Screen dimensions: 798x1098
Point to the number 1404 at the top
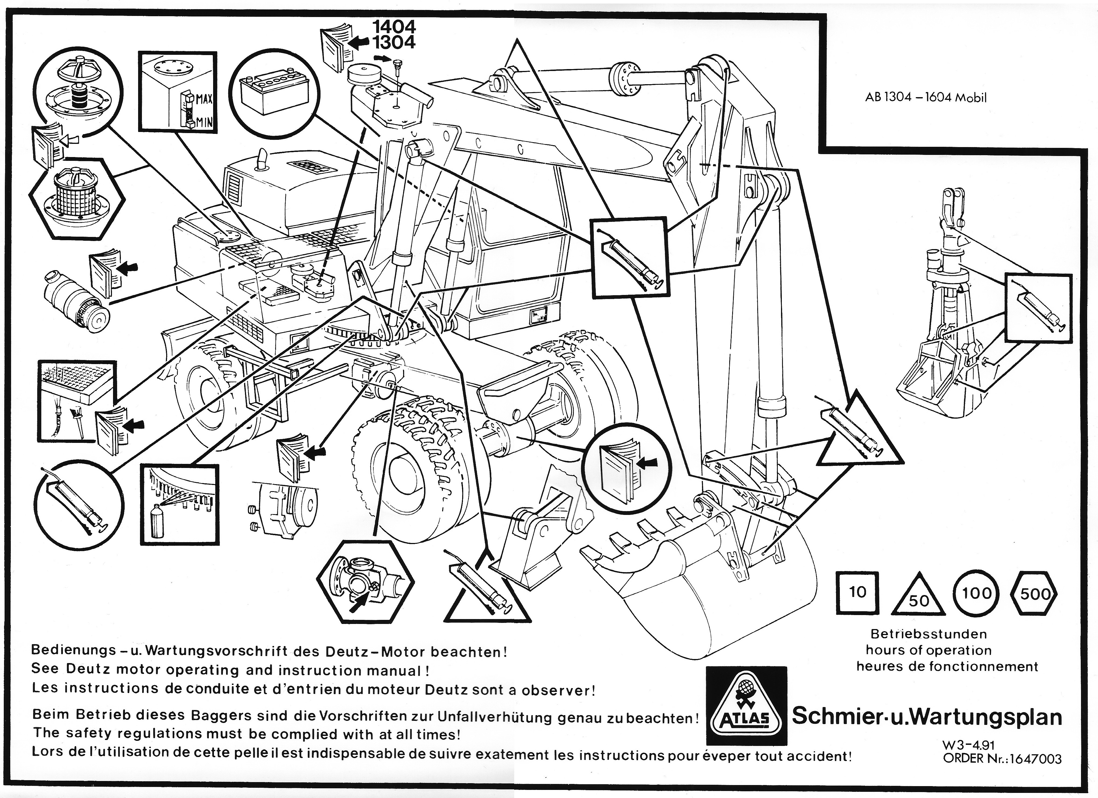pyautogui.click(x=394, y=27)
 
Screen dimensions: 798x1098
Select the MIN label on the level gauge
pyautogui.click(x=204, y=123)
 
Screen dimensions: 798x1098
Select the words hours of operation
pyautogui.click(x=929, y=650)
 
